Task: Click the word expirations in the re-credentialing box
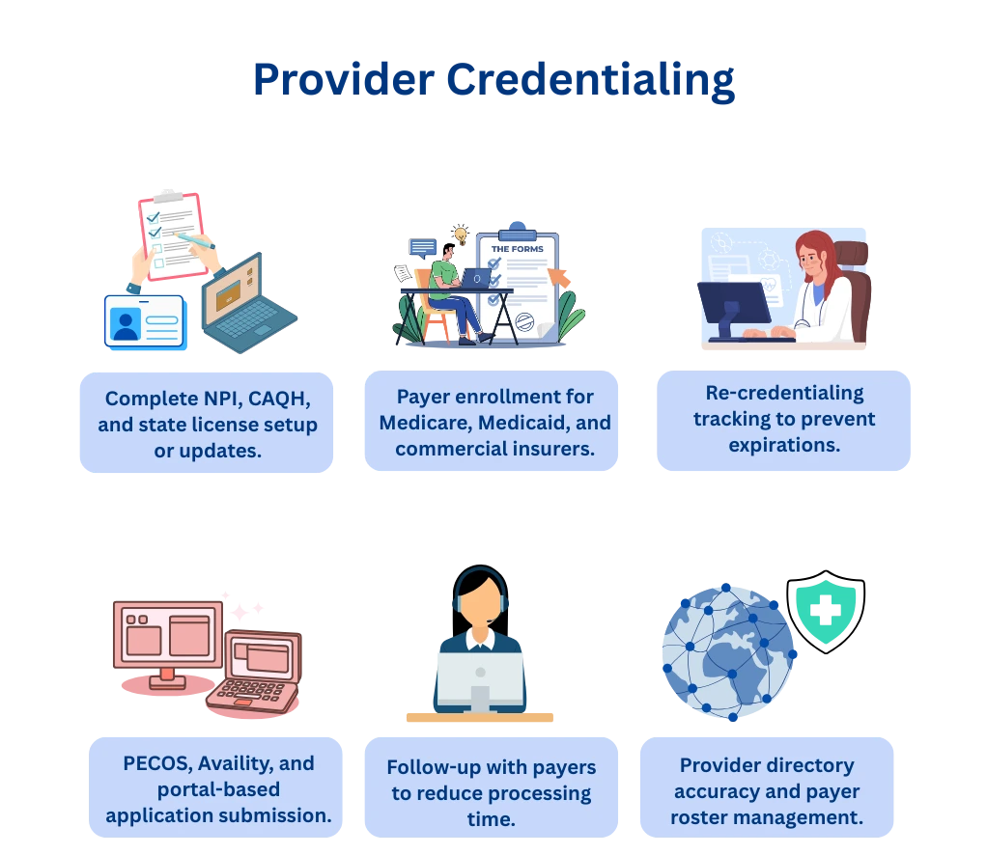[783, 445]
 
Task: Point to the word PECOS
[158, 763]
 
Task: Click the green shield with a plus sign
[826, 613]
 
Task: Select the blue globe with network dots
[726, 651]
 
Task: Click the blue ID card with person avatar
[143, 320]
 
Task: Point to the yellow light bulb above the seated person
[461, 234]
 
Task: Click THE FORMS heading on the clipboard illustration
[517, 249]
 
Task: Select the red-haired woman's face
[813, 260]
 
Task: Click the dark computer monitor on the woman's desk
[733, 304]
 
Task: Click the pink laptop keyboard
[250, 693]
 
